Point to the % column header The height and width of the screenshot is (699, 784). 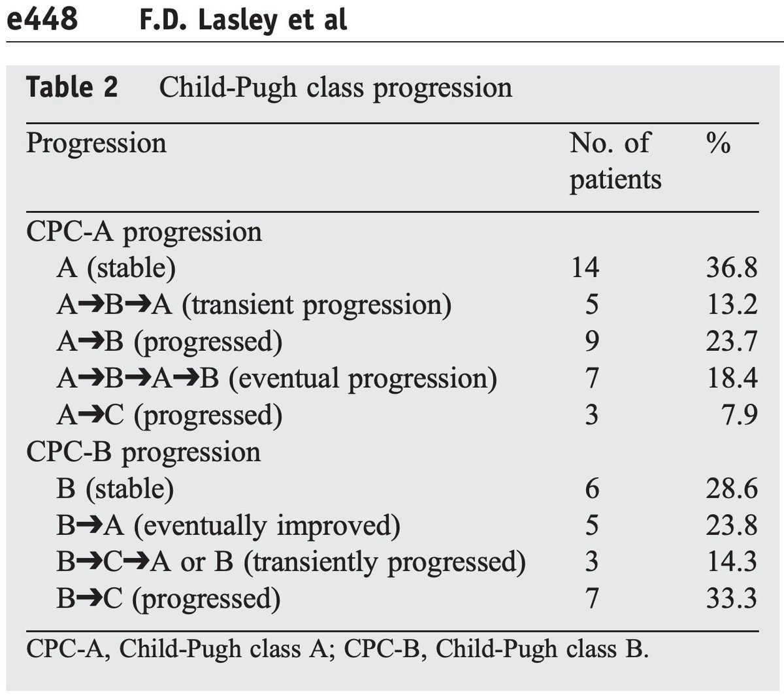click(x=718, y=143)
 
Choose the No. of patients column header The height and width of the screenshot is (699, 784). click(x=614, y=161)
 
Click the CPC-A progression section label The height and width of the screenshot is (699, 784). click(x=144, y=232)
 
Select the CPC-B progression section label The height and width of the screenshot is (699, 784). click(x=143, y=452)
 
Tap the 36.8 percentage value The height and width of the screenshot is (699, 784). click(x=731, y=268)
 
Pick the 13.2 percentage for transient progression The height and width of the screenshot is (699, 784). click(x=731, y=304)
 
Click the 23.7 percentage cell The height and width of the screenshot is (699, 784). click(x=731, y=341)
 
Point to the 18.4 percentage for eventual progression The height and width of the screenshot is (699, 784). click(x=731, y=378)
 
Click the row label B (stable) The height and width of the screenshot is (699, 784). click(x=115, y=489)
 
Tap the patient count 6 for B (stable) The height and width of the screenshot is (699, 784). click(x=591, y=489)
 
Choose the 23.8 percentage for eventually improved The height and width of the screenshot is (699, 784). click(x=731, y=525)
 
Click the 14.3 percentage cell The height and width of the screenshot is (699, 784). click(x=731, y=562)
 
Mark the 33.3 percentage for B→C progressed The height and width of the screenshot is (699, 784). click(x=731, y=598)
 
